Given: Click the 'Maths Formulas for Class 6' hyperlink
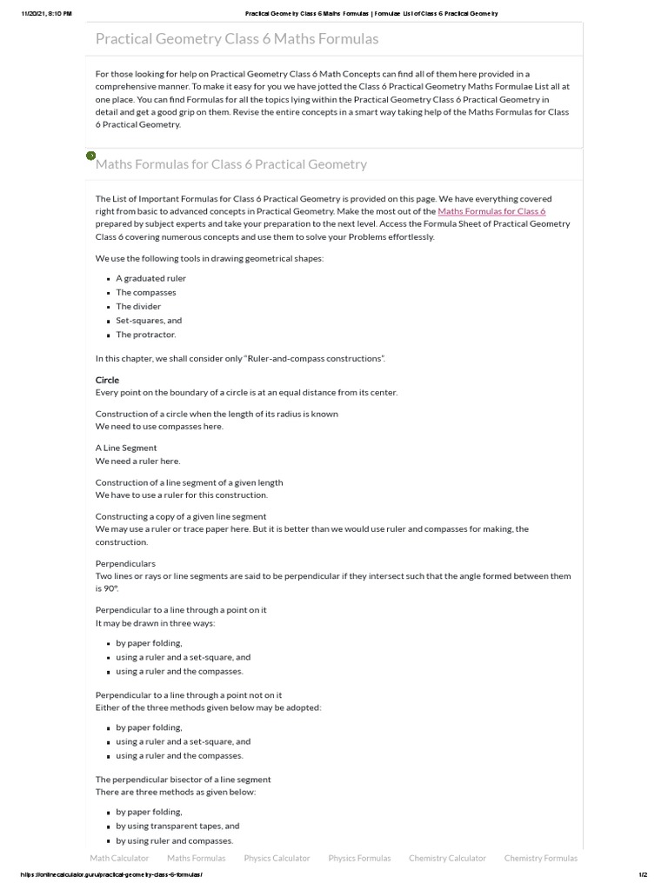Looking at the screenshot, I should pyautogui.click(x=491, y=211).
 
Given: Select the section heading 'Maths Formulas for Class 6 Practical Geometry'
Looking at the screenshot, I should pyautogui.click(x=231, y=164).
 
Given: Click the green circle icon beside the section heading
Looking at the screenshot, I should pyautogui.click(x=90, y=156).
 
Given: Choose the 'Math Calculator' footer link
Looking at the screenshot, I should pyautogui.click(x=119, y=858).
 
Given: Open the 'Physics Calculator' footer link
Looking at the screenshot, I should pyautogui.click(x=277, y=858).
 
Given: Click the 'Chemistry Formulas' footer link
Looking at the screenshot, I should pyautogui.click(x=540, y=858).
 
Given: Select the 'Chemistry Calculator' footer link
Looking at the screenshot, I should pyautogui.click(x=447, y=858).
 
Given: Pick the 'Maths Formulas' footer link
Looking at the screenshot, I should pyautogui.click(x=196, y=858).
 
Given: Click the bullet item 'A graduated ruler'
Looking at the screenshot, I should pyautogui.click(x=150, y=278).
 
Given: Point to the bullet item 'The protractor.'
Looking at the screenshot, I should pyautogui.click(x=146, y=335).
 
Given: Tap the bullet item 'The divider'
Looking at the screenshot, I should pyautogui.click(x=138, y=306).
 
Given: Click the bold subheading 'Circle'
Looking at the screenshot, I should pyautogui.click(x=107, y=380).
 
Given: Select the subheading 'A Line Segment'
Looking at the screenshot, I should pyautogui.click(x=126, y=448).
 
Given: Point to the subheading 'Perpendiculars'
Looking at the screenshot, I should pyautogui.click(x=125, y=563).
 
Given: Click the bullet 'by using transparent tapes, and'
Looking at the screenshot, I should pyautogui.click(x=177, y=826).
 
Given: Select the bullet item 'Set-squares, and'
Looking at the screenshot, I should pyautogui.click(x=149, y=320).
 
